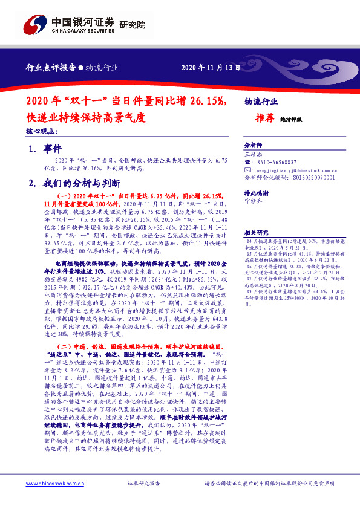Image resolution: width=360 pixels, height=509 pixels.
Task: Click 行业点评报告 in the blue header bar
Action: click(x=52, y=68)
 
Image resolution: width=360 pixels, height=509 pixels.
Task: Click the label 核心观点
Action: click(x=42, y=131)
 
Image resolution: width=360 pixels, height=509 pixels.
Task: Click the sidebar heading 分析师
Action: click(x=253, y=146)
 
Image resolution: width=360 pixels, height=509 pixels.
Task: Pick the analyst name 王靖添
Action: click(x=253, y=155)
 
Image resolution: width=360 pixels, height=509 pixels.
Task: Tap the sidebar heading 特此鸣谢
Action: click(x=256, y=193)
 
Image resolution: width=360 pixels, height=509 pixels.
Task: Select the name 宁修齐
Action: click(x=253, y=201)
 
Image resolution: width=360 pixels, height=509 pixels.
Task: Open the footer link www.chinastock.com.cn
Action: click(x=54, y=484)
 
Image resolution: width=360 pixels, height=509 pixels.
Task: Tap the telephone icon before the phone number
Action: click(x=247, y=163)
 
